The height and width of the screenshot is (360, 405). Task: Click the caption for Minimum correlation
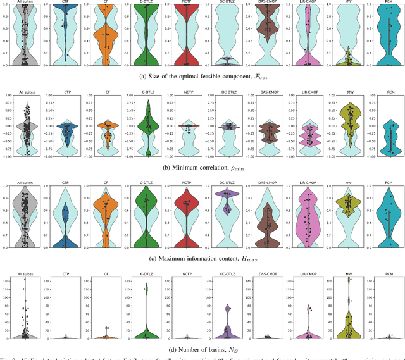click(x=203, y=168)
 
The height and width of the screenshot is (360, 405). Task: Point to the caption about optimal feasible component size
click(x=203, y=77)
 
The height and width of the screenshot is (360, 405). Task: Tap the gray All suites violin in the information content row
click(x=24, y=215)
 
